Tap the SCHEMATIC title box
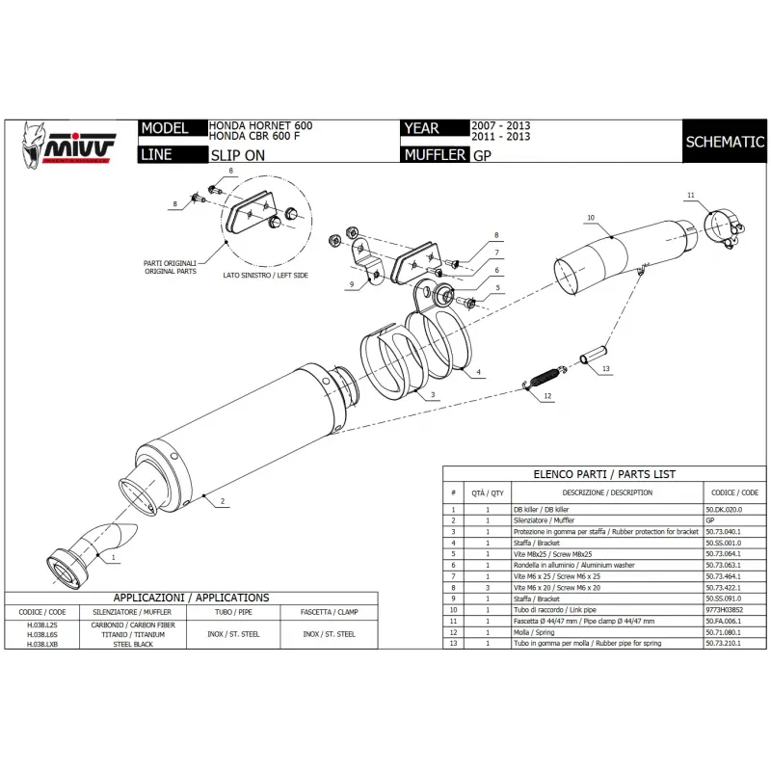tap(725, 142)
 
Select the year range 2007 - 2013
tap(500, 126)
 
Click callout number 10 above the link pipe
tap(590, 219)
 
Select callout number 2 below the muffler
tap(223, 501)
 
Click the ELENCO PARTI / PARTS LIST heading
tap(604, 474)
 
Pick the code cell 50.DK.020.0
tap(725, 508)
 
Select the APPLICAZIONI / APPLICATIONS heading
tap(191, 598)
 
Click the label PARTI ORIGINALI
tap(170, 263)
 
